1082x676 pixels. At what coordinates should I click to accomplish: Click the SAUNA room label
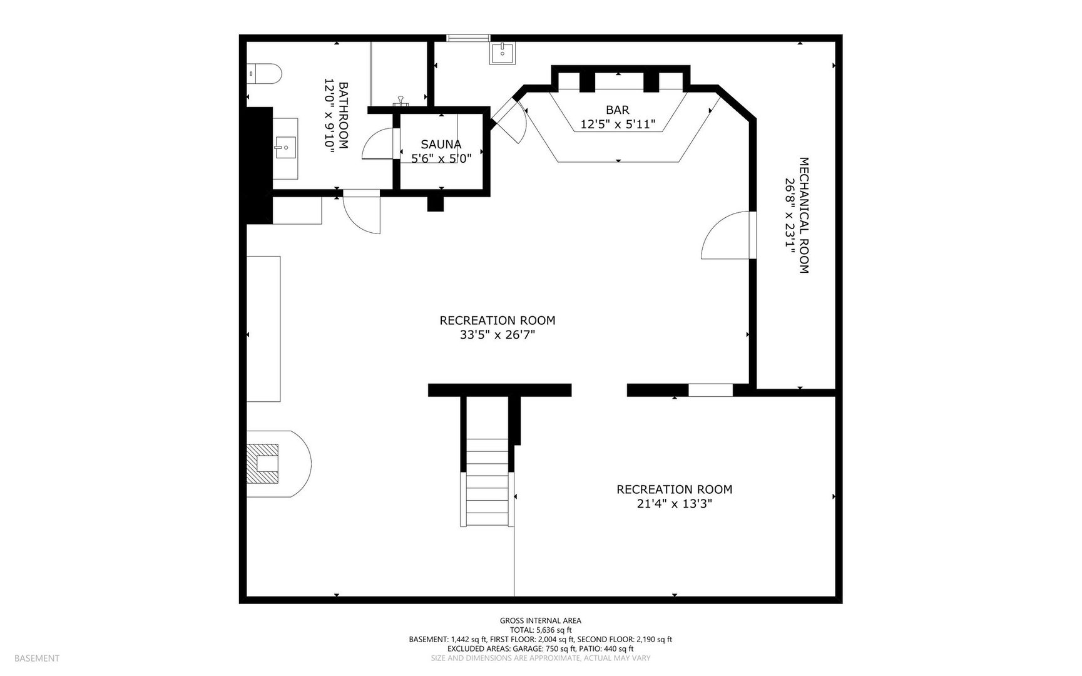click(x=441, y=144)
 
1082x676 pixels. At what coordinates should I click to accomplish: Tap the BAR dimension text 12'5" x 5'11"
click(x=618, y=125)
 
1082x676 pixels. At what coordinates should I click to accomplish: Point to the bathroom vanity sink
click(x=283, y=148)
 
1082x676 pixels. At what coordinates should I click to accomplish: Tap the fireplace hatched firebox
click(x=263, y=463)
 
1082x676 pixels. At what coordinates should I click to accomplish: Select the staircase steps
click(x=487, y=482)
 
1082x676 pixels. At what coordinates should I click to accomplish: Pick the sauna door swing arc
click(x=377, y=144)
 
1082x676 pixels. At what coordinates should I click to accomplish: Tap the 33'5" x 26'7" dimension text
click(x=498, y=335)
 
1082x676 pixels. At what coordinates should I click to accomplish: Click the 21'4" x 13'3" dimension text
click(x=674, y=504)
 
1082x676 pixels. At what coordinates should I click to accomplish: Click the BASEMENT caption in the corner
click(x=37, y=658)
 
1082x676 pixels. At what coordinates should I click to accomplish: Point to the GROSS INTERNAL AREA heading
click(x=541, y=621)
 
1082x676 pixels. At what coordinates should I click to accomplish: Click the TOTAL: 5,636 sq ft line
click(x=541, y=630)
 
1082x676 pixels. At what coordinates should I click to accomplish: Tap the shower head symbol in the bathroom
click(x=401, y=100)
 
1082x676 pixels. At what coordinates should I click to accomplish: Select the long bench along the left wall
click(x=263, y=329)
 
